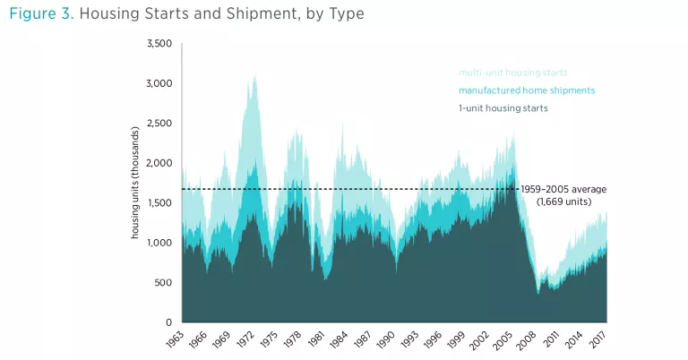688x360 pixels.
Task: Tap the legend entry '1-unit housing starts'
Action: click(x=503, y=108)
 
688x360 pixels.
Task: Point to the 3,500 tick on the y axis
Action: click(x=159, y=44)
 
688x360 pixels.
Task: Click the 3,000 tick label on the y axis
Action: click(x=159, y=83)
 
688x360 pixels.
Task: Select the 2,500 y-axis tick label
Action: click(x=159, y=124)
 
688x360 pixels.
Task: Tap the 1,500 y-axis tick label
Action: click(x=159, y=203)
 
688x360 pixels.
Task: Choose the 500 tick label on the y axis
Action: click(x=164, y=283)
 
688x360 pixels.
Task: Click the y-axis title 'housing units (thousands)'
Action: click(x=135, y=183)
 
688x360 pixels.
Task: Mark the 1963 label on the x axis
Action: click(x=176, y=340)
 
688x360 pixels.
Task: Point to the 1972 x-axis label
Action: click(x=246, y=340)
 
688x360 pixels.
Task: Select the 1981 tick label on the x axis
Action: click(x=317, y=340)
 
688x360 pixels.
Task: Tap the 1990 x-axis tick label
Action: click(x=388, y=340)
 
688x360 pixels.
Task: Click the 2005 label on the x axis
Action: click(x=506, y=340)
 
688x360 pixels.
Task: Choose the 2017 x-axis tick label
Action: click(x=600, y=340)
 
